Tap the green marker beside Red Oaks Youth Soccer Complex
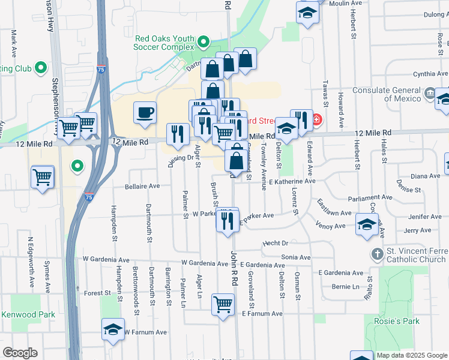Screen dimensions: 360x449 pos(203,42)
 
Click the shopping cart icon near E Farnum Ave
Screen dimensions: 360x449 pos(223,304)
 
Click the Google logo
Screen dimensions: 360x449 pos(20,353)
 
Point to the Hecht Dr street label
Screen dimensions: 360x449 pos(276,244)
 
